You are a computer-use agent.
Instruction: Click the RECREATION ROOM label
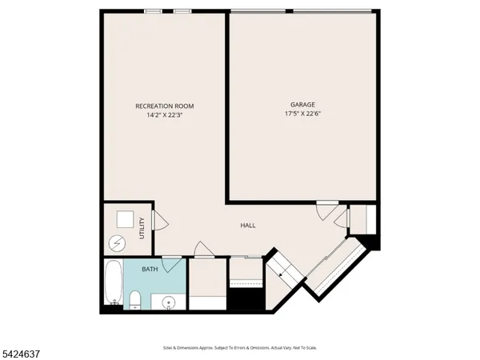(x=164, y=106)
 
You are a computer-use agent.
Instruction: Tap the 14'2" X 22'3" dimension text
(x=164, y=115)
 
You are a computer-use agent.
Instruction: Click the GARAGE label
(x=302, y=105)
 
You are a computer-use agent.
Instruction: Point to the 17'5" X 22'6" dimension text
(x=302, y=114)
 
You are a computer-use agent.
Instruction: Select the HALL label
(x=248, y=226)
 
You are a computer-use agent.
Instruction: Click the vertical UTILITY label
(x=142, y=229)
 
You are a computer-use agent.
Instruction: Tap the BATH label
(x=150, y=270)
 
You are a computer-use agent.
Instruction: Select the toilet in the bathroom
(x=136, y=302)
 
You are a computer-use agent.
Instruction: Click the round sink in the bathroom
(x=168, y=302)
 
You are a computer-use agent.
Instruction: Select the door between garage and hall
(x=325, y=210)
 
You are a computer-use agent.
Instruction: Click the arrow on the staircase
(x=282, y=272)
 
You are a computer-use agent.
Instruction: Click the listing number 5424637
(x=22, y=352)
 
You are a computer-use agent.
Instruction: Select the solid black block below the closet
(x=245, y=300)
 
